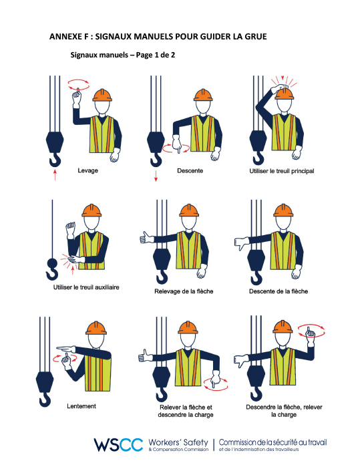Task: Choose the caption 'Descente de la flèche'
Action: click(278, 291)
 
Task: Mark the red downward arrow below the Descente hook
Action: click(156, 176)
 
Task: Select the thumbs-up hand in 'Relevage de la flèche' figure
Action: click(143, 237)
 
